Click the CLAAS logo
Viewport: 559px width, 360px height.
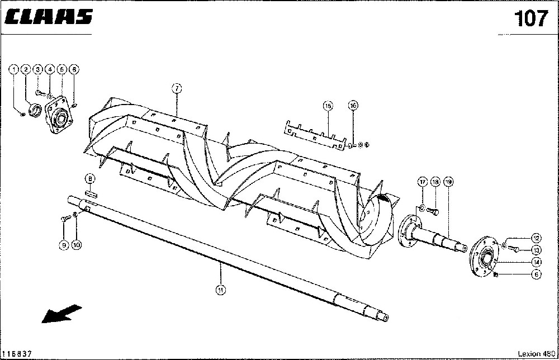pyautogui.click(x=49, y=18)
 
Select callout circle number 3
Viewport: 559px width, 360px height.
pyautogui.click(x=38, y=69)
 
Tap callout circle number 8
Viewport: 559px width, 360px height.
pyautogui.click(x=89, y=178)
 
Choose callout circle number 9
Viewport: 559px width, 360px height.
pyautogui.click(x=64, y=245)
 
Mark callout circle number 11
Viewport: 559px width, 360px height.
pyautogui.click(x=221, y=289)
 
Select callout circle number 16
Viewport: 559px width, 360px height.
pyautogui.click(x=353, y=105)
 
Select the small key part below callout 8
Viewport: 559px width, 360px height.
pyautogui.click(x=91, y=195)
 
